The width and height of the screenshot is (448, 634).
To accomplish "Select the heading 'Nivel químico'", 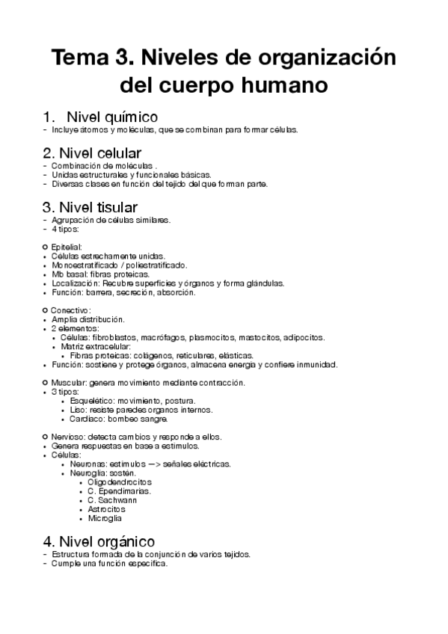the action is click(111, 117).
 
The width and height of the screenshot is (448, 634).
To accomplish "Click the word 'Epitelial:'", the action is click(67, 246).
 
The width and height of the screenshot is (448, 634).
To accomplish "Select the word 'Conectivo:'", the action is click(71, 310).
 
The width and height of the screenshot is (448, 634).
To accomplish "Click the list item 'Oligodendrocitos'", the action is click(116, 482).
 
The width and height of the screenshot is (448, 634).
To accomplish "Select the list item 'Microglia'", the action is click(104, 518).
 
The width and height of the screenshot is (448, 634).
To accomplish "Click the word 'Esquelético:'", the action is click(93, 400).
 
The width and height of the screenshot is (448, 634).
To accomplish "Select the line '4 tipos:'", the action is click(67, 229).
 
